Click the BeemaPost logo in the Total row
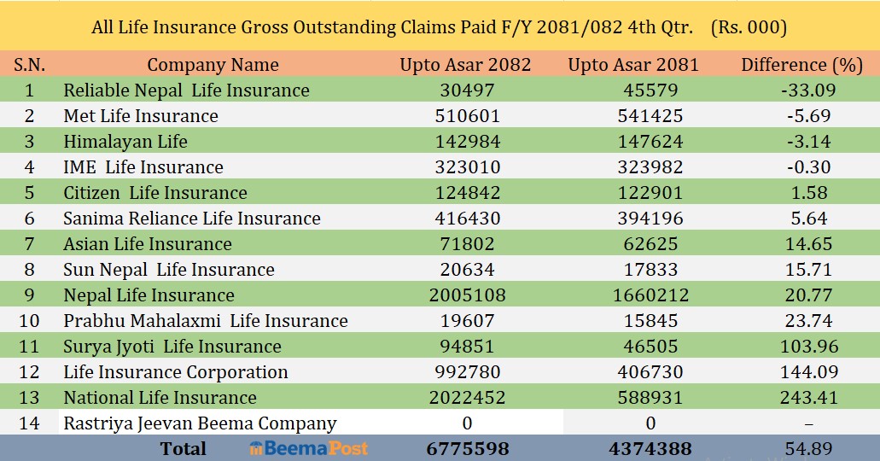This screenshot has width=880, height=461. coord(309,448)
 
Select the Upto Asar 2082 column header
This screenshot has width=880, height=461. coord(465,64)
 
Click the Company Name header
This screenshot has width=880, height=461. coord(213,64)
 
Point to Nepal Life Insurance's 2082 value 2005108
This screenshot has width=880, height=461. coord(465,295)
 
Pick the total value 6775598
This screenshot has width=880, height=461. coord(465,449)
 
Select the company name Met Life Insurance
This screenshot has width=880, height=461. coord(141,116)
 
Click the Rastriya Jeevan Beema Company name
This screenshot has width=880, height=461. coord(200,423)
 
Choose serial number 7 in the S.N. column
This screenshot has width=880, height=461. coord(30,244)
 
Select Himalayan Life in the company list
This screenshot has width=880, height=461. coord(125,142)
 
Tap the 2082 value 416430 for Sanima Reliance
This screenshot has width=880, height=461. coord(465,219)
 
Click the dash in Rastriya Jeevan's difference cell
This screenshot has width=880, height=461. coord(808,423)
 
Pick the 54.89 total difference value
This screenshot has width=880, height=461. coord(808,449)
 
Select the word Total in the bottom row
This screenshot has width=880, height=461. coord(183,449)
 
